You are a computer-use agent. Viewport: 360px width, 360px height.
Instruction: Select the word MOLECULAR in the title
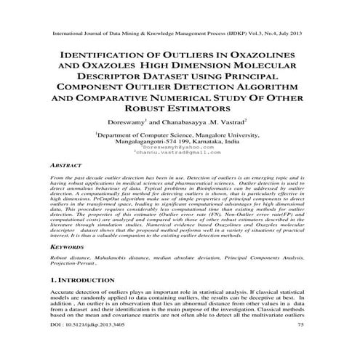[x=280, y=67]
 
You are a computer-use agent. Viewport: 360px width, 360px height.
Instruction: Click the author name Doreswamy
[x=127, y=120]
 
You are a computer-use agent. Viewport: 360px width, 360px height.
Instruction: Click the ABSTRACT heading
[x=66, y=166]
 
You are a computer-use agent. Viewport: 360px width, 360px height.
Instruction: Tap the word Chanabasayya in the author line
[x=188, y=120]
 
